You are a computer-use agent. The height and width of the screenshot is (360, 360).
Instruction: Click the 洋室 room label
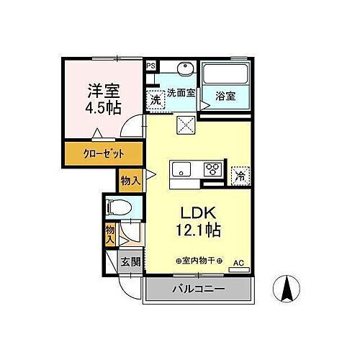[x=104, y=91]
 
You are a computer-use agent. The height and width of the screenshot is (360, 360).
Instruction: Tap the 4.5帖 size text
[x=104, y=107]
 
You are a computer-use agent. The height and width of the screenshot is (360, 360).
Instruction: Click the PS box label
[x=150, y=66]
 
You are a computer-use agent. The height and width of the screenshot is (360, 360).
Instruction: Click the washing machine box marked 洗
[x=156, y=100]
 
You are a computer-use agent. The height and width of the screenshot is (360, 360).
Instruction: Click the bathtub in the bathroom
[x=225, y=74]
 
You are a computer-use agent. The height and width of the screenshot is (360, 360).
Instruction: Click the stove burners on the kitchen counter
[x=213, y=170]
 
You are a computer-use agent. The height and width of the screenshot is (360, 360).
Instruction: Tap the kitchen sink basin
[x=181, y=169]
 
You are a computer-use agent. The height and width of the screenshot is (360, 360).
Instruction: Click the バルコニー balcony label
[x=198, y=289]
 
